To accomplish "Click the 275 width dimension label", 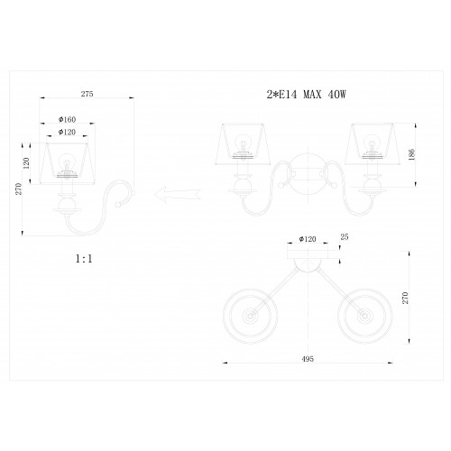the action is [x=87, y=94].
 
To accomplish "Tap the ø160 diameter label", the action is [x=67, y=119].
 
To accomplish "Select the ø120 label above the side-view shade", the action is [x=67, y=132].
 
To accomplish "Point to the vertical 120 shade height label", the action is [x=26, y=163].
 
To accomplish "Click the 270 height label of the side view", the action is [x=19, y=189].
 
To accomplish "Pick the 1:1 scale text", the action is [x=84, y=259].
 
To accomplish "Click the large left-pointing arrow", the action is [x=178, y=194].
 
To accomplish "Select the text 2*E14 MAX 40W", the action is [x=307, y=95].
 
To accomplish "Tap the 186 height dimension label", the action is [x=412, y=154].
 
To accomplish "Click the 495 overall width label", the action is [x=308, y=359].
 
